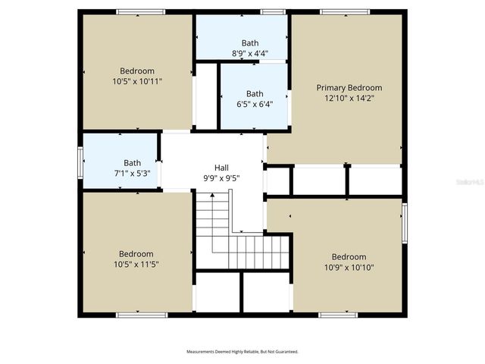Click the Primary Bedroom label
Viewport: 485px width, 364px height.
pos(349,88)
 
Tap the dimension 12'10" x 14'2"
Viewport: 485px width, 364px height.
pos(349,98)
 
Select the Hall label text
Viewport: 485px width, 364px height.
pos(221,168)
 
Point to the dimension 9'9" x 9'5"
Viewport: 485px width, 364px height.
pos(221,178)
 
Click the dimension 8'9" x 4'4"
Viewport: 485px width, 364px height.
pos(250,53)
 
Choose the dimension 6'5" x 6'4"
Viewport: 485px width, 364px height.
pos(255,105)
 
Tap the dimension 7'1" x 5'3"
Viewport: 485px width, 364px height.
pos(133,172)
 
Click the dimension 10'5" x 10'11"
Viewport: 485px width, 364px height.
pos(137,80)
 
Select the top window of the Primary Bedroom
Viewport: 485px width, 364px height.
pos(345,12)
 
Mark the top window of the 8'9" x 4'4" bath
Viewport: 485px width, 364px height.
pos(273,12)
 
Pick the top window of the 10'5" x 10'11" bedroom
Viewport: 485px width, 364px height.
pos(141,12)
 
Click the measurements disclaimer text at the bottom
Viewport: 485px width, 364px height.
pos(242,352)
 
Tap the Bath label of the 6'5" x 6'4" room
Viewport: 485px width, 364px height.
pos(255,94)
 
